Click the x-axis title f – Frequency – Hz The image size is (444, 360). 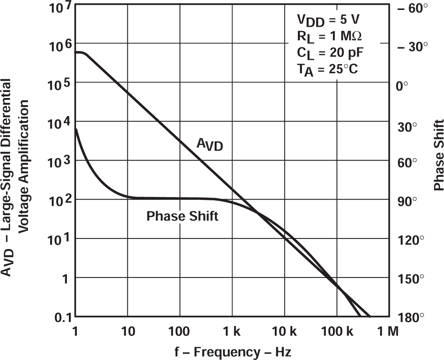[233, 352]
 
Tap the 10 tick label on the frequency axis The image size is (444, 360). [127, 331]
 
